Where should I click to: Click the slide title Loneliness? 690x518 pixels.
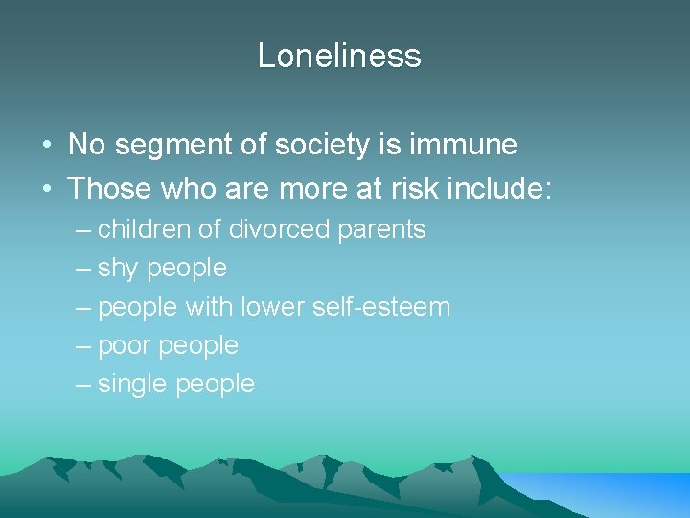point(339,56)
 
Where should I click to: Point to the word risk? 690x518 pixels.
point(400,188)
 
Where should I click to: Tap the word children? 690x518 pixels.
point(142,230)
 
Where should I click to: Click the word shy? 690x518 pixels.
point(118,269)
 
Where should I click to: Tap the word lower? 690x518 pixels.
point(272,307)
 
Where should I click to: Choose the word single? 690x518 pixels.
point(132,384)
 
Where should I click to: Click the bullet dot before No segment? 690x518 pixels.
point(46,146)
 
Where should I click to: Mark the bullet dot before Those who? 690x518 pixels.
point(46,189)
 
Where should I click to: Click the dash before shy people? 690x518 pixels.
point(82,269)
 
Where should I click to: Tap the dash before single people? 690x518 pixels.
point(82,384)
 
